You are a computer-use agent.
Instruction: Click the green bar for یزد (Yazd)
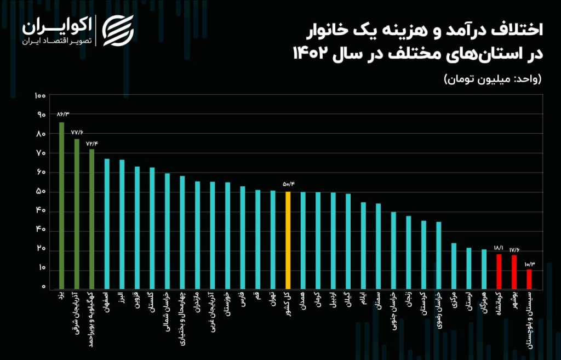[61, 205]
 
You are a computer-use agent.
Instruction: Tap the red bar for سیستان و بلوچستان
[529, 279]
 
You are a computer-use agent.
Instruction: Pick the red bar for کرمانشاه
[499, 271]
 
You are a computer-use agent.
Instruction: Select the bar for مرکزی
[454, 266]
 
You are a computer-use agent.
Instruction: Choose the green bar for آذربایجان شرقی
[77, 214]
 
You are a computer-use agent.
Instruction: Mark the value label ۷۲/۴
[92, 144]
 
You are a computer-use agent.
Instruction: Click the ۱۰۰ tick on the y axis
[39, 96]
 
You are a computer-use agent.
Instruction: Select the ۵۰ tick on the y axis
[41, 192]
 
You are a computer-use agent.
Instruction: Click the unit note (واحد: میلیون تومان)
[493, 79]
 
